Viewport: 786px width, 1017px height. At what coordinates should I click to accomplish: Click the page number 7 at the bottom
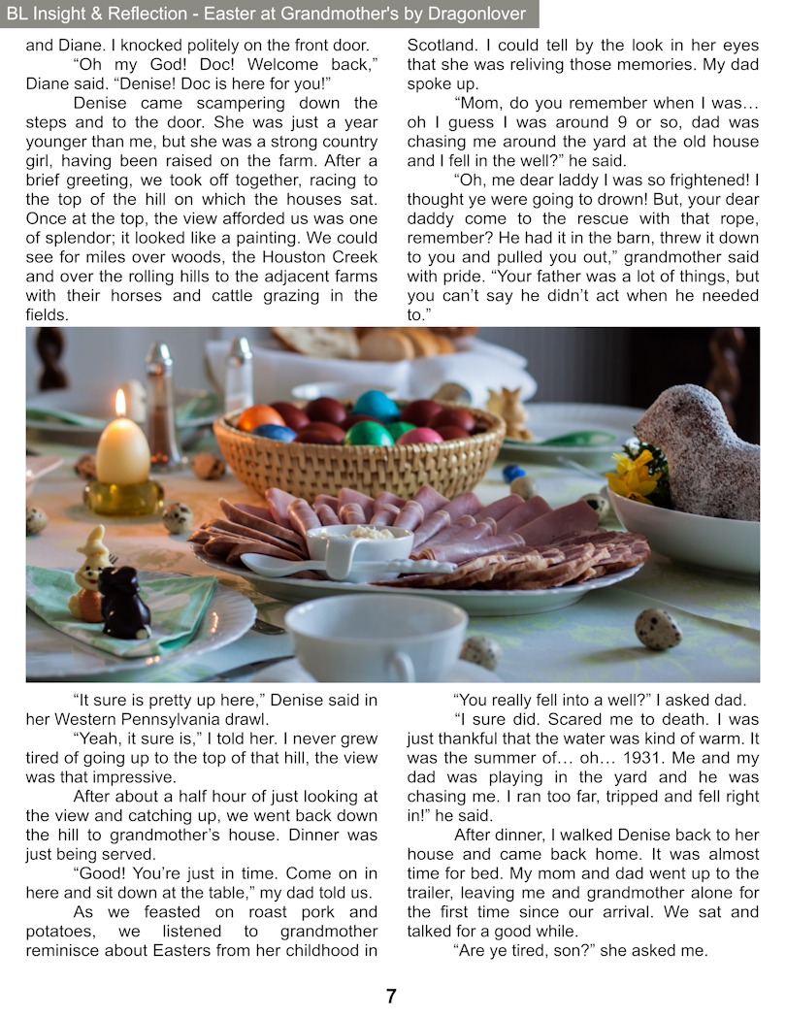[391, 996]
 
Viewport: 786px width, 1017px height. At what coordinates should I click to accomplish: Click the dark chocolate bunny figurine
[125, 602]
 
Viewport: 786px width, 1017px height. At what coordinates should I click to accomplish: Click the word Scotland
[442, 45]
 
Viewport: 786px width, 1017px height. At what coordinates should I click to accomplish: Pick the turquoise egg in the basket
[377, 405]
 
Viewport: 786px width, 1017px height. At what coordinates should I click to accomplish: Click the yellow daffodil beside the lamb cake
[634, 476]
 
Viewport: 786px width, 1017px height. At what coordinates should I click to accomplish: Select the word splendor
[65, 238]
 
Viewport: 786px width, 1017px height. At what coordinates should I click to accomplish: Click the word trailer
[435, 893]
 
